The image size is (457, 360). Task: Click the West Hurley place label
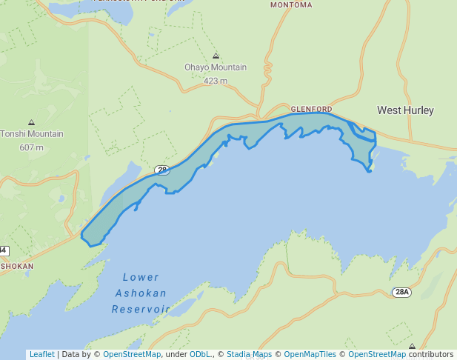[405, 110]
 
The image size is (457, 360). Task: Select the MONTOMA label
[291, 4]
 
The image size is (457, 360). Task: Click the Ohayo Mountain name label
[216, 67]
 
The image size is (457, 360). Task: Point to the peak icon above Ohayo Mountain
[216, 56]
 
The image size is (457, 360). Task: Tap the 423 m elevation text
[215, 81]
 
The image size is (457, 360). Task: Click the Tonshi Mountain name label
[32, 134]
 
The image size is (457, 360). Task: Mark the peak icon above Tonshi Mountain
[31, 122]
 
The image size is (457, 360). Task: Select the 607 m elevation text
[32, 147]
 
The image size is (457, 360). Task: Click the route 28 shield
[162, 170]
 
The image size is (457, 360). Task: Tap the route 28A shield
[401, 292]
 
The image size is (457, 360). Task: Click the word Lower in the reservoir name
[141, 278]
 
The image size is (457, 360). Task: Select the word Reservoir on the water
[141, 309]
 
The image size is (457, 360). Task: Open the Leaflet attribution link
[41, 354]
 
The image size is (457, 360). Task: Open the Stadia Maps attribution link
[249, 354]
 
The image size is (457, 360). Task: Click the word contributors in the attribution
[430, 354]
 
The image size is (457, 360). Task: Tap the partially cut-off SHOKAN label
[16, 266]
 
